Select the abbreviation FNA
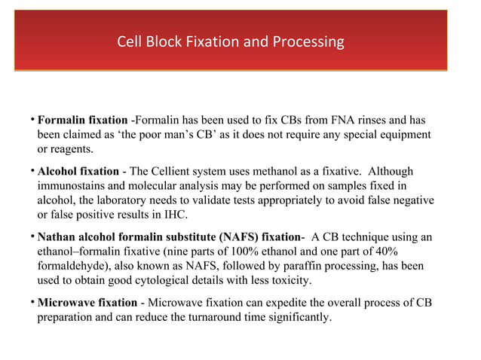[345, 120]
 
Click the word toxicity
[289, 280]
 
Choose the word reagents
[74, 148]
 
